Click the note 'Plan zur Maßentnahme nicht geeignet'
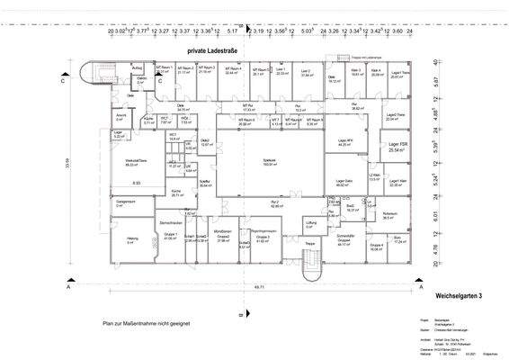pyautogui.click(x=147, y=321)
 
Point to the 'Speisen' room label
pyautogui.click(x=269, y=159)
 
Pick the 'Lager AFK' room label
pyautogui.click(x=344, y=141)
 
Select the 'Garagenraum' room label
pyautogui.click(x=124, y=202)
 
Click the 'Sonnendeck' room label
pyautogui.click(x=343, y=237)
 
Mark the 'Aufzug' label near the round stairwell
pyautogui.click(x=138, y=67)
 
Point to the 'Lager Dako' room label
pyautogui.click(x=344, y=181)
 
